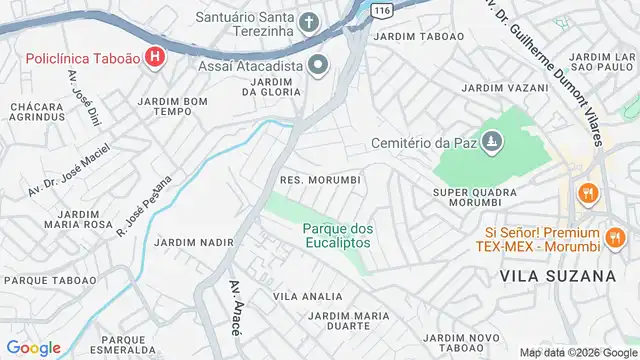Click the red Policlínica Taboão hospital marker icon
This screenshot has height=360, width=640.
pyautogui.click(x=154, y=57)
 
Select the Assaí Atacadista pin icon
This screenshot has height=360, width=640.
pyautogui.click(x=319, y=66)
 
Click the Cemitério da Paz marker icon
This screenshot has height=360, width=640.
pyautogui.click(x=490, y=146)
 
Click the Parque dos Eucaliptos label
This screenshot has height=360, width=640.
pyautogui.click(x=336, y=235)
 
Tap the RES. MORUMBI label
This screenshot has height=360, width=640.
pyautogui.click(x=319, y=179)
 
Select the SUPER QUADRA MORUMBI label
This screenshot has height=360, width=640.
pyautogui.click(x=475, y=197)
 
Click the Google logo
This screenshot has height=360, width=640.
pyautogui.click(x=34, y=347)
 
